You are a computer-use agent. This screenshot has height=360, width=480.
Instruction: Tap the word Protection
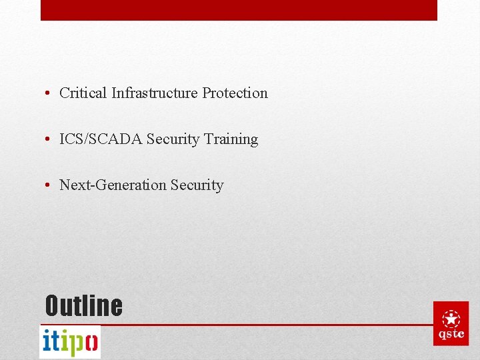point(235,93)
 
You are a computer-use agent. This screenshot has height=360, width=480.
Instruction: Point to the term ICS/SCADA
point(101,139)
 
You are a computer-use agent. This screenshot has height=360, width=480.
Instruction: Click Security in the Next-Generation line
point(197,185)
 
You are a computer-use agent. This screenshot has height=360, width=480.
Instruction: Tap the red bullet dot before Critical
point(49,93)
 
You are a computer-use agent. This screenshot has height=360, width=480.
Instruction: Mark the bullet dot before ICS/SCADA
point(49,139)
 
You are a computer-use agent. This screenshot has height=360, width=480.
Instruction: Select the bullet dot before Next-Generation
point(49,185)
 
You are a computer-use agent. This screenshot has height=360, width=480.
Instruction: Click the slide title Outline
point(83,306)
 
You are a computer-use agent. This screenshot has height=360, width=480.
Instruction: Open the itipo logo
point(70,342)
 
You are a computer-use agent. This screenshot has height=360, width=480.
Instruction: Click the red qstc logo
point(451,323)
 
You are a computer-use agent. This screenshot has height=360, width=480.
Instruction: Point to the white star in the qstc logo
point(451,318)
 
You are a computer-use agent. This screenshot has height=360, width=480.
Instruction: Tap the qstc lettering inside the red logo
point(451,334)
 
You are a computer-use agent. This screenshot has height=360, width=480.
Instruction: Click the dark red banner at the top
point(239,10)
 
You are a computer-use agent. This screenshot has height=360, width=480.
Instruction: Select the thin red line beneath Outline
point(267,325)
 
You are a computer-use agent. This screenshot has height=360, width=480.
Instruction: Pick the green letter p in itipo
point(77,344)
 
